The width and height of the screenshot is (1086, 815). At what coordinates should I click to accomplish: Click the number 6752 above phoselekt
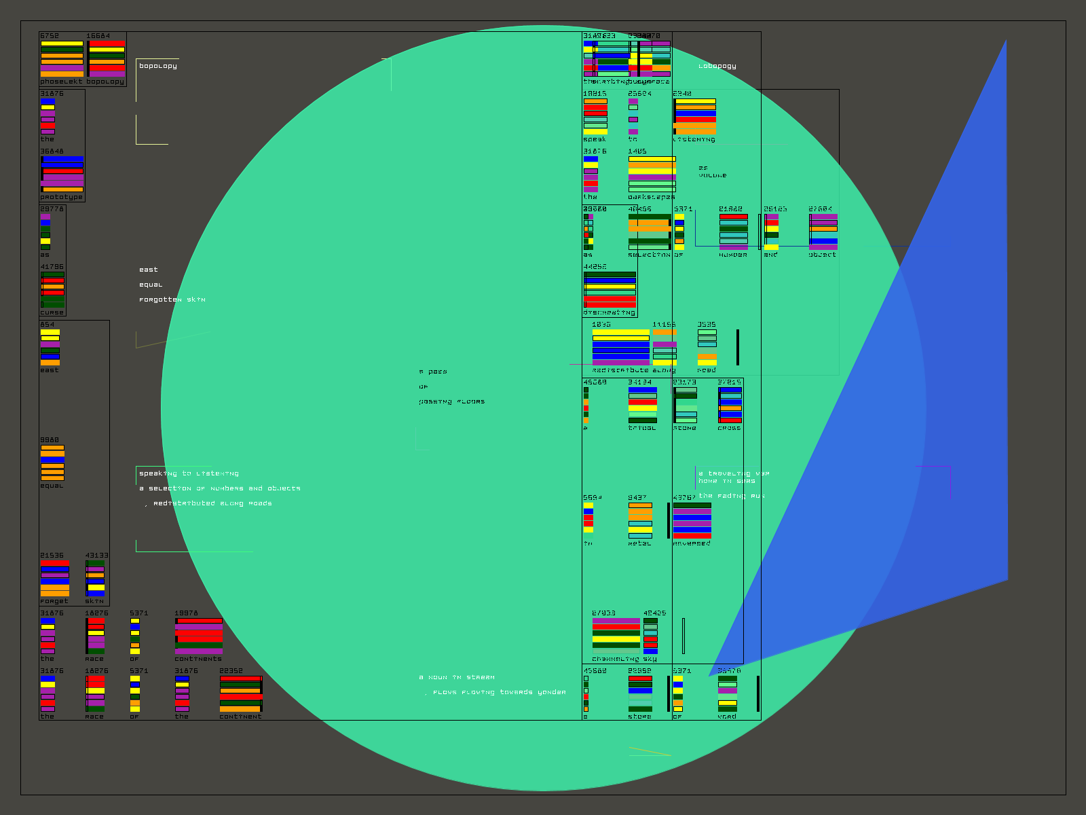coord(50,36)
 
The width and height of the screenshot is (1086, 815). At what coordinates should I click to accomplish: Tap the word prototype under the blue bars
coord(61,197)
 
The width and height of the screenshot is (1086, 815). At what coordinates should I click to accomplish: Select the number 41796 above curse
coord(52,267)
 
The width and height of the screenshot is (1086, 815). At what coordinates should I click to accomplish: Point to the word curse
coord(52,312)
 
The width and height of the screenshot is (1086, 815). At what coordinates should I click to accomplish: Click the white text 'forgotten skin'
coord(172,300)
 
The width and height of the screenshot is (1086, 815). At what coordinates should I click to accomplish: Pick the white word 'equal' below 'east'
coord(151,285)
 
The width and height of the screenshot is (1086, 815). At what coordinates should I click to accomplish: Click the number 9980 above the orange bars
coord(50,440)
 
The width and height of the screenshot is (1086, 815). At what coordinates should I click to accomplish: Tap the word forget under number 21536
coord(54,601)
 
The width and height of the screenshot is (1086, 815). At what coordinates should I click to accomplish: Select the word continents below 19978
coord(198,659)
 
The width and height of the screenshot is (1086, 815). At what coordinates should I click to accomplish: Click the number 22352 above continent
coord(231,671)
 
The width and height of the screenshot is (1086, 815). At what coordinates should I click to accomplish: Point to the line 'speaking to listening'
coord(189,473)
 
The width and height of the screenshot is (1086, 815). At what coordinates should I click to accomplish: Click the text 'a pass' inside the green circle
coord(433,372)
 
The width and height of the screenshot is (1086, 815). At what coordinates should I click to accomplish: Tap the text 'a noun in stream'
coord(457,677)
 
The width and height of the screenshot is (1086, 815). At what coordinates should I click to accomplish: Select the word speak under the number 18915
coord(595,139)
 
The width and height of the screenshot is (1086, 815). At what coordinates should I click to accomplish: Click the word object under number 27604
coord(823,255)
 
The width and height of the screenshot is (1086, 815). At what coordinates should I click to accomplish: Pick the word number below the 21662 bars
coord(733,255)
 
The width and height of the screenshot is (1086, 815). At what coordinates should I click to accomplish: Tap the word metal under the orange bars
coord(639,543)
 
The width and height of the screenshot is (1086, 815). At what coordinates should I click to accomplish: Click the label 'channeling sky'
coord(624,659)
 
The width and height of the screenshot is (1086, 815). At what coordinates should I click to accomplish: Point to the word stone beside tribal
coord(685,428)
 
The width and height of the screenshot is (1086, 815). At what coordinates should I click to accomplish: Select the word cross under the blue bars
coord(730,428)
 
